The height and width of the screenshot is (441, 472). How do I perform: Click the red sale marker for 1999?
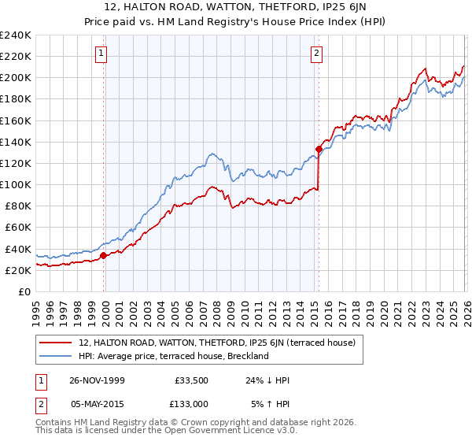pyautogui.click(x=104, y=255)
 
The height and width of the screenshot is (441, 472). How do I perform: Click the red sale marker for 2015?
pyautogui.click(x=319, y=149)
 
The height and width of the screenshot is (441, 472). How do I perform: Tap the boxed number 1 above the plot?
pyautogui.click(x=103, y=54)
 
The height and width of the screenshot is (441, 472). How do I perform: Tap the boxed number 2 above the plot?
pyautogui.click(x=316, y=54)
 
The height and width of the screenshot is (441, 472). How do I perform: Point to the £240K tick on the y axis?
pyautogui.click(x=16, y=35)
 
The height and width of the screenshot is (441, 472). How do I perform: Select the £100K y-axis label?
pyautogui.click(x=16, y=184)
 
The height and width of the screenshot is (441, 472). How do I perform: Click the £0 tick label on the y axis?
pyautogui.click(x=25, y=291)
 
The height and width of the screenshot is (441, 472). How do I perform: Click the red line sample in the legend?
pyautogui.click(x=57, y=343)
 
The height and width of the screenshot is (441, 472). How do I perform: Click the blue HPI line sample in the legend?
pyautogui.click(x=57, y=356)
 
